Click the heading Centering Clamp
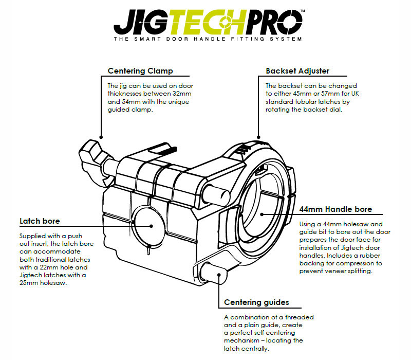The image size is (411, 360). [x=140, y=71]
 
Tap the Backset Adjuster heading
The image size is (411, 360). [x=297, y=71]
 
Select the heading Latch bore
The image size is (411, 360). [x=40, y=221]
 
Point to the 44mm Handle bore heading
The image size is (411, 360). [x=335, y=209]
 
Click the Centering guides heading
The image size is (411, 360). [x=256, y=302]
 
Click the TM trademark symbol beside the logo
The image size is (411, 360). [x=302, y=10]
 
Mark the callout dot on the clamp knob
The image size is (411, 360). [x=101, y=137]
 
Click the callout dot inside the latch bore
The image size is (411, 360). [x=151, y=225]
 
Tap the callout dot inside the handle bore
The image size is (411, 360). [x=261, y=214]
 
